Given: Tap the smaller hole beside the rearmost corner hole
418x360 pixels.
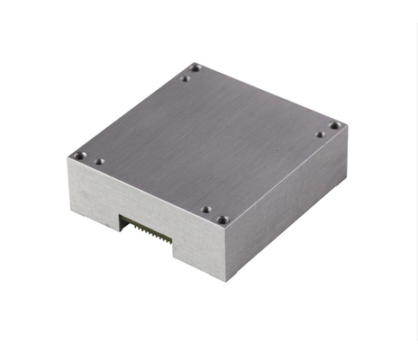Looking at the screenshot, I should (185, 78).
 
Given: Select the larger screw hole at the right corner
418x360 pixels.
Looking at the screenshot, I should (334, 125).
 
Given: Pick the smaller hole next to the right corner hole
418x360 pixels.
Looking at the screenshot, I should (320, 135).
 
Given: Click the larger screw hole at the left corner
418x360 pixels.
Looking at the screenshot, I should (80, 155).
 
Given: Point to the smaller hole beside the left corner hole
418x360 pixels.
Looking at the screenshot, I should (99, 162).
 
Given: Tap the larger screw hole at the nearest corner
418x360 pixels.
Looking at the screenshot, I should (223, 219).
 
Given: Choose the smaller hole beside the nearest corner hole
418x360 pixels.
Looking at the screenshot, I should (206, 210).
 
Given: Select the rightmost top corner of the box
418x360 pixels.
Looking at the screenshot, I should (348, 126).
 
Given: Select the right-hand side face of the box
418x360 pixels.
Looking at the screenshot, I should (288, 202).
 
